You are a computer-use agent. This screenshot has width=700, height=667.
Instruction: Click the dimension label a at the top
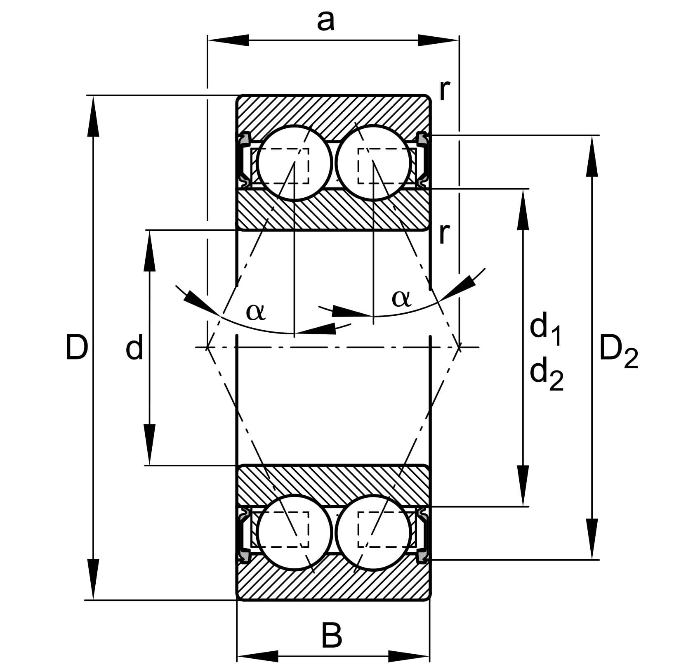pos(325,21)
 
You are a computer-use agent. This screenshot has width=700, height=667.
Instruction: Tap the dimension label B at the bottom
pos(332,636)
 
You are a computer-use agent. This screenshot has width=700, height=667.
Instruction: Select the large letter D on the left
pos(77,347)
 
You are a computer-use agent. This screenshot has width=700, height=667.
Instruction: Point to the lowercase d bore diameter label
pos(134,347)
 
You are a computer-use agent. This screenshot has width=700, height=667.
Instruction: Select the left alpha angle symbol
pos(256,312)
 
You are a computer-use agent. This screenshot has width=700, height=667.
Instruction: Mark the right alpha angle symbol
pos(401,298)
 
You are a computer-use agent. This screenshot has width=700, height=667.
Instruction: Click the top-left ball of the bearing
pos(294,163)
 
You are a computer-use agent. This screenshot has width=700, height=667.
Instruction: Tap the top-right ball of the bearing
pos(373,163)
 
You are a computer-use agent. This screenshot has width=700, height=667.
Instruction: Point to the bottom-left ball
pos(294,532)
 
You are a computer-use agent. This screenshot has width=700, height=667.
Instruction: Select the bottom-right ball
pos(373,532)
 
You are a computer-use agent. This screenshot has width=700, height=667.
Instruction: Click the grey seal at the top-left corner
pos(244,139)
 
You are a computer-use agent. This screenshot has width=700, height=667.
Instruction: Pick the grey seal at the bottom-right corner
pos(422,557)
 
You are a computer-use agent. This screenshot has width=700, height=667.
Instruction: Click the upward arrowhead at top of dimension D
pos(94,116)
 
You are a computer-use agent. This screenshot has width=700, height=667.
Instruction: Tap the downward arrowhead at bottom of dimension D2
pos(592,539)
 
